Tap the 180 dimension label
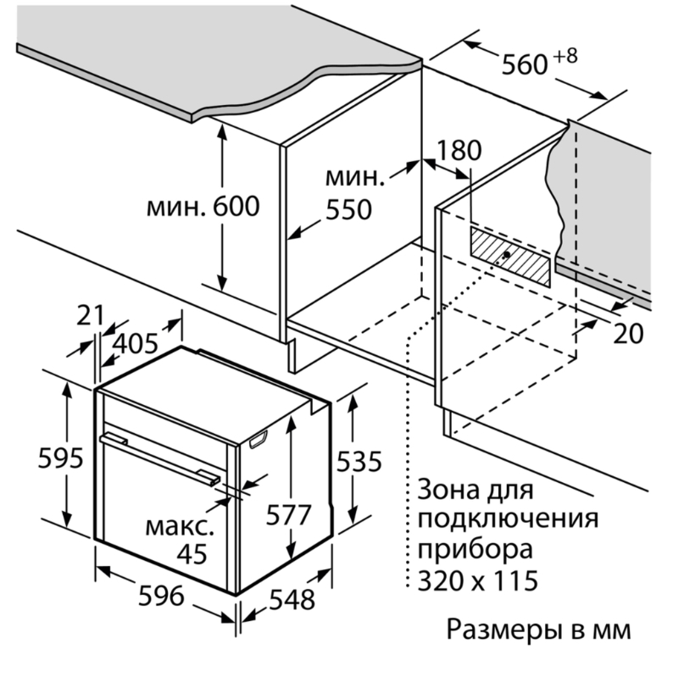pos(459,151)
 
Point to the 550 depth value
pos(349,208)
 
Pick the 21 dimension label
pos(90,315)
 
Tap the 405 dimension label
pos(135,343)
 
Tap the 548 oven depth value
pos(290,598)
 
